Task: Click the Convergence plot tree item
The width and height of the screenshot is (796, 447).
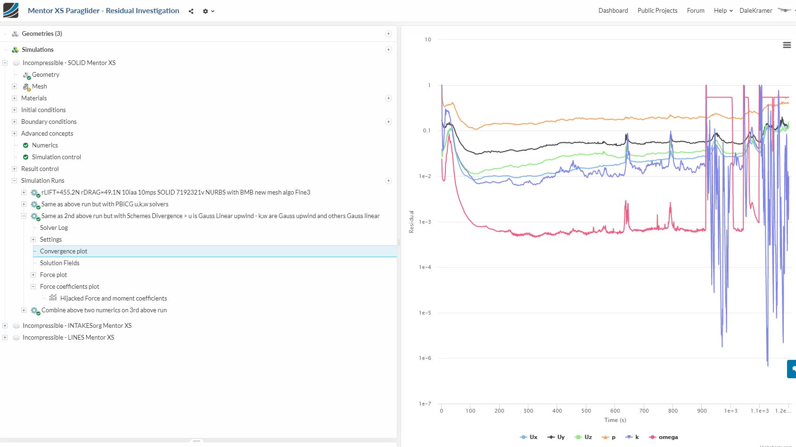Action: [64, 251]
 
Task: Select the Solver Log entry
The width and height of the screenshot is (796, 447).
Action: [54, 228]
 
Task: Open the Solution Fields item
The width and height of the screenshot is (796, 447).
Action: [59, 263]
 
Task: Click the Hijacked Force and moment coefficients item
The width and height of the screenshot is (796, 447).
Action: [113, 298]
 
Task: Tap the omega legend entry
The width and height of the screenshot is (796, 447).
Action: [668, 437]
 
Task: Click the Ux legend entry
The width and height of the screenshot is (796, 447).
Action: [533, 437]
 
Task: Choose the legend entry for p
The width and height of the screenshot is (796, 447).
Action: [613, 437]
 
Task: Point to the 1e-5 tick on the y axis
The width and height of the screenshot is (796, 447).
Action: [425, 313]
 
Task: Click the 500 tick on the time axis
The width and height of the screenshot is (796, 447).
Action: [586, 411]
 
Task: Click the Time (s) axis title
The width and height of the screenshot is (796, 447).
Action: [615, 420]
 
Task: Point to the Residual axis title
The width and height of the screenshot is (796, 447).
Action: [411, 221]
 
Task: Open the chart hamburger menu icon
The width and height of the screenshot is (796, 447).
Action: [787, 45]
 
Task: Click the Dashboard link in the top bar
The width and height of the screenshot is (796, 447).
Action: [613, 10]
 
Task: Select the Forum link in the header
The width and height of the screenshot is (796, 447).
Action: [695, 10]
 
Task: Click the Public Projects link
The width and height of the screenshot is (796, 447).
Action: [657, 10]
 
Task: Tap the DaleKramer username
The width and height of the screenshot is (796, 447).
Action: [755, 10]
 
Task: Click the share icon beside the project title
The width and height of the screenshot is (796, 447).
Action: [191, 11]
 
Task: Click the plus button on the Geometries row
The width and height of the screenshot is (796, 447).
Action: [388, 33]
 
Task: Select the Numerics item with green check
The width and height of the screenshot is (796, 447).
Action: [45, 145]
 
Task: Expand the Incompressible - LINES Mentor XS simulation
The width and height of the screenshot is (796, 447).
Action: [5, 337]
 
